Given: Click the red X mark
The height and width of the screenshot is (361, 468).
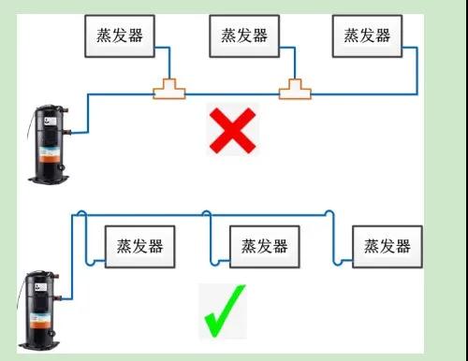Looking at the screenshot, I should coord(232,131).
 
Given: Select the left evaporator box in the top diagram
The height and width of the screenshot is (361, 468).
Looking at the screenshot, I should coord(121,35).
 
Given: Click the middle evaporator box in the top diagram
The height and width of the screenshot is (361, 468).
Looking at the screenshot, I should coord(243,35).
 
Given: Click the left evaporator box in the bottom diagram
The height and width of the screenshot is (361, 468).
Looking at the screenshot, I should coord(140,246).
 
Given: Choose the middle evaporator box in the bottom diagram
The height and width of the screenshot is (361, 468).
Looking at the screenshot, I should coord(264,246).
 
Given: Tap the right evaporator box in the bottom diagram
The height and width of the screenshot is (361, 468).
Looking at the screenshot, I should coord(388,246).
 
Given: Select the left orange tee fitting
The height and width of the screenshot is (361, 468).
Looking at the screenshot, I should coord(169,90).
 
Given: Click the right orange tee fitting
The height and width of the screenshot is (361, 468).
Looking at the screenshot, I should coord(295,90).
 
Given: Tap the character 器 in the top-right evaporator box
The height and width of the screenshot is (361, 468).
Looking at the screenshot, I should coord(382,35).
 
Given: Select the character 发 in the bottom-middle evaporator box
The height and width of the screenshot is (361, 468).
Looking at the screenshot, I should coord(264,246).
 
